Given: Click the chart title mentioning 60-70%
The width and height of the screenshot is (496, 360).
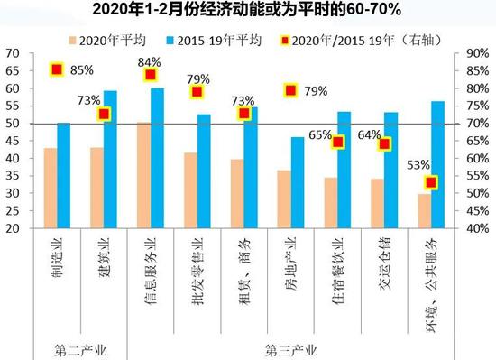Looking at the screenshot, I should [248, 11].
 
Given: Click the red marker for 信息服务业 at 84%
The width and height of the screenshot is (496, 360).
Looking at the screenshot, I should [151, 75].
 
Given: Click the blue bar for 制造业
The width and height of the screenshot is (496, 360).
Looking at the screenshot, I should [63, 176].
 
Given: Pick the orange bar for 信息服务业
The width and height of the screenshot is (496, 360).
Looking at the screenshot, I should [142, 175].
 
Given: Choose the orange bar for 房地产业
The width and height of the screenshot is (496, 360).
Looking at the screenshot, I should [283, 199].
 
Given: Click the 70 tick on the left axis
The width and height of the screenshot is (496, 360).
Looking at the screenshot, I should [14, 54].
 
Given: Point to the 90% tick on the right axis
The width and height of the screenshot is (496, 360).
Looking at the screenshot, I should [477, 54].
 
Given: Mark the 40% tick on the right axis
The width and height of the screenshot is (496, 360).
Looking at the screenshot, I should [477, 229].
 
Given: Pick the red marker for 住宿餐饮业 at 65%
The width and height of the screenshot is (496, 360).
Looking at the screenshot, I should [338, 142].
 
